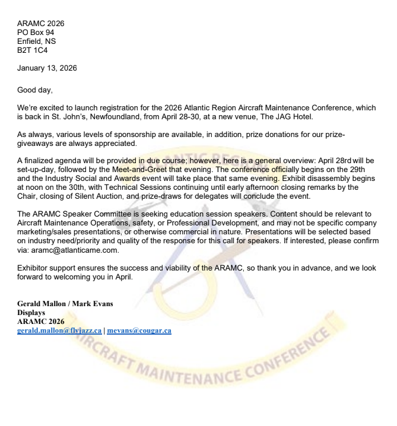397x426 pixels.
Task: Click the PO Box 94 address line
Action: coord(35,33)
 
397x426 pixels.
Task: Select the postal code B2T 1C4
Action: coord(31,50)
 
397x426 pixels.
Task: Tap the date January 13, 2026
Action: coord(47,68)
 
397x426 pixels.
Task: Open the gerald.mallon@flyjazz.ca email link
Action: coord(59,330)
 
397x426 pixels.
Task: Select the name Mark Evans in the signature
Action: coord(93,304)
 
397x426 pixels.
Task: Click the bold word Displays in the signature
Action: coord(31,313)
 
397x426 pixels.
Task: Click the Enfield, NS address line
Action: coord(36,42)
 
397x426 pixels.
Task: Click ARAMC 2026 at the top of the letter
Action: coord(40,24)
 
